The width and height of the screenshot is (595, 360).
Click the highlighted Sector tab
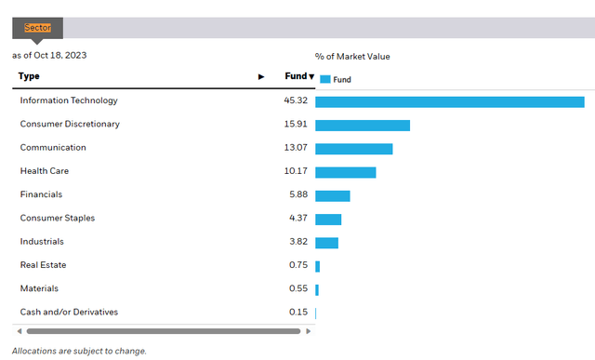pos(37,28)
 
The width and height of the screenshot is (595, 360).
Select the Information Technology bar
pos(449,101)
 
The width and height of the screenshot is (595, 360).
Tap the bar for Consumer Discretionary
pos(363,125)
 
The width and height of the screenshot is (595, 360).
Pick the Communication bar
pos(353,149)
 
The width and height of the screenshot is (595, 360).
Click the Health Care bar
pos(345,172)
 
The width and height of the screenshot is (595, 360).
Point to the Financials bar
pos(332,195)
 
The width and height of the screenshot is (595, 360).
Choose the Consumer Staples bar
pos(328,219)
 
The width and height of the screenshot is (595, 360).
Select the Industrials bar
pos(326,243)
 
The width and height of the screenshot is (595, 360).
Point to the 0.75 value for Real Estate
pos(297,265)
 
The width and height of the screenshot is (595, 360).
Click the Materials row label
pos(39,288)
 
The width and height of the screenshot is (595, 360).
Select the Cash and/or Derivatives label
pos(69,312)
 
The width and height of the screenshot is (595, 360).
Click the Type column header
pos(29,76)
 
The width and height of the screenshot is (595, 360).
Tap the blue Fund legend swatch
pos(324,80)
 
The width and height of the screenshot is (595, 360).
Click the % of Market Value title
pos(352,57)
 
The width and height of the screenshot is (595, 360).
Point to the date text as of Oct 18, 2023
pos(50,56)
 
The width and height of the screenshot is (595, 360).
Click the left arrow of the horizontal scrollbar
pos(19,330)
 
